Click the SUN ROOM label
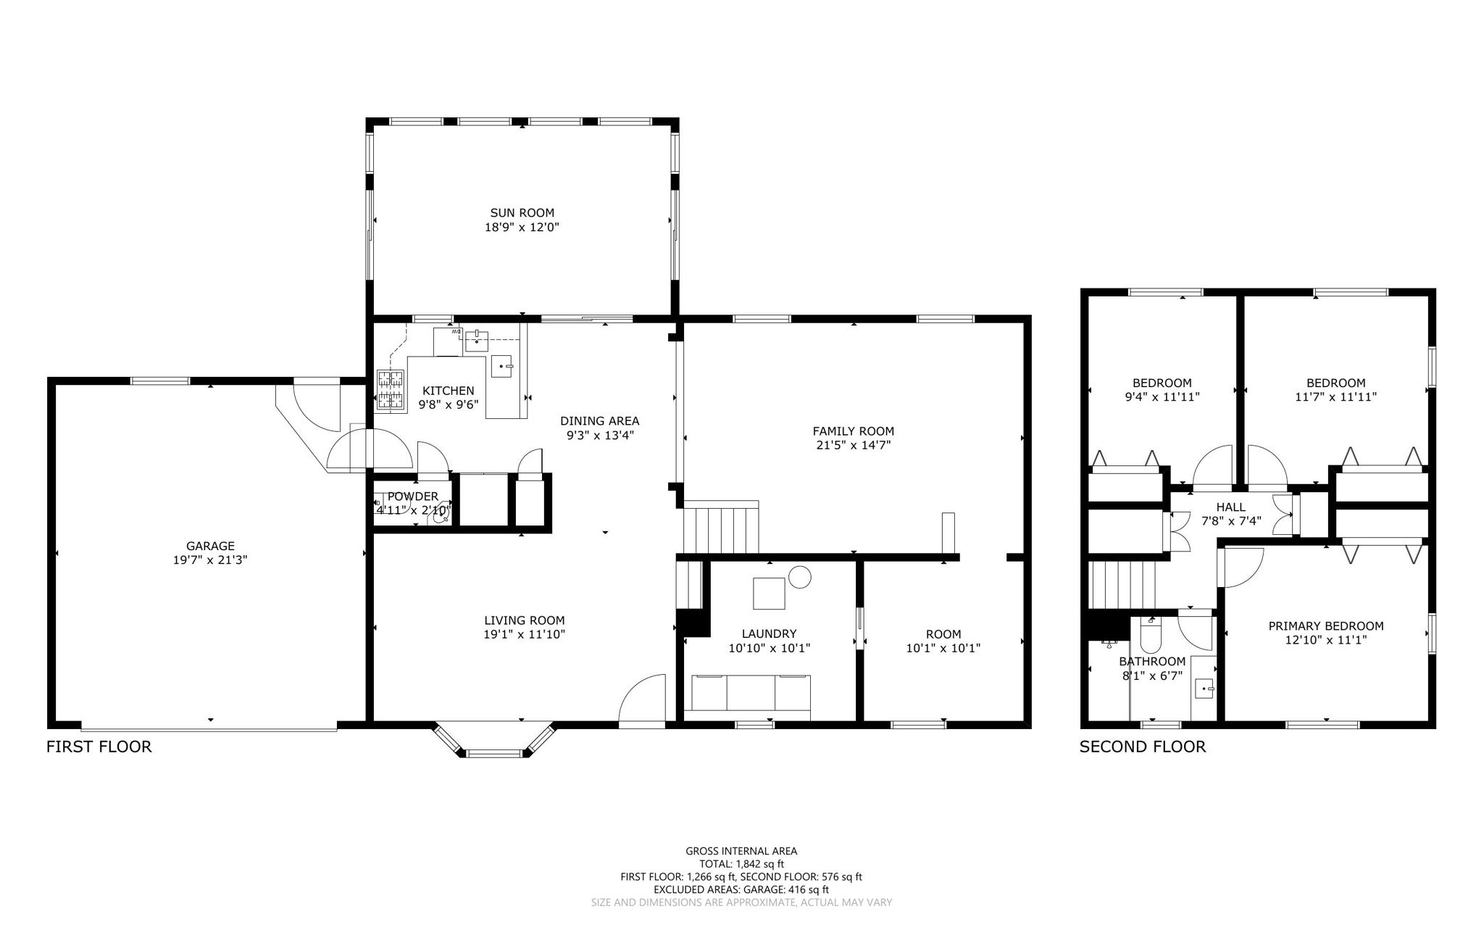tap(522, 212)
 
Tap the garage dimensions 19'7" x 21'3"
tap(210, 560)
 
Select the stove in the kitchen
tap(390, 391)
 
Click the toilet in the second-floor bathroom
tap(1151, 636)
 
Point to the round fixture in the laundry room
tap(800, 577)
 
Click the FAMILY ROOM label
tap(854, 431)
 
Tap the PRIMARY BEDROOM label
tap(1326, 626)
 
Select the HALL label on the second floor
tap(1231, 507)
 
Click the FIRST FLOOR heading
tap(99, 747)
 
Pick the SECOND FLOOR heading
tap(1143, 747)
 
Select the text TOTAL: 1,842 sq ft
tap(741, 864)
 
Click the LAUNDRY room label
tap(769, 633)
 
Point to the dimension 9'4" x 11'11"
tap(1162, 397)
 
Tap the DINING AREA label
tap(600, 421)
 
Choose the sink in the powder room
tap(440, 515)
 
